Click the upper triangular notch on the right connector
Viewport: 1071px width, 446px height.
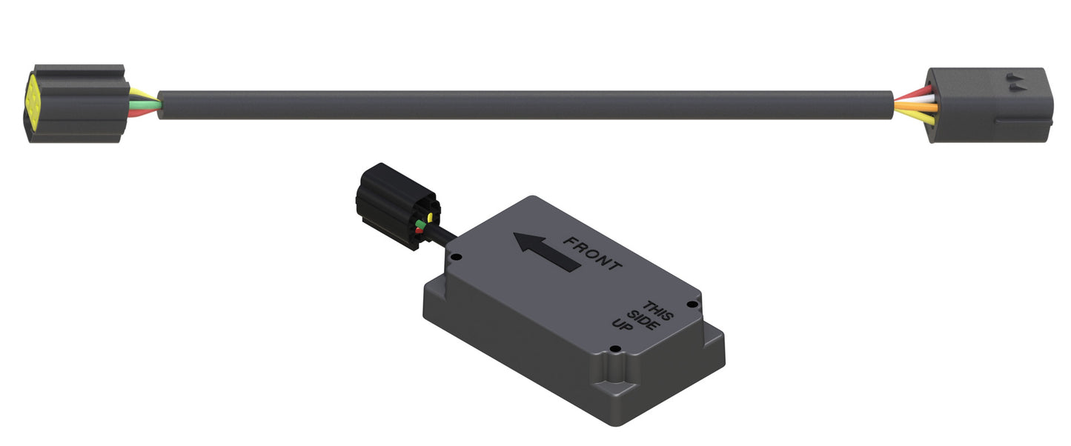(x=1014, y=77)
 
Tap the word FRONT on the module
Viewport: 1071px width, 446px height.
(x=592, y=253)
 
